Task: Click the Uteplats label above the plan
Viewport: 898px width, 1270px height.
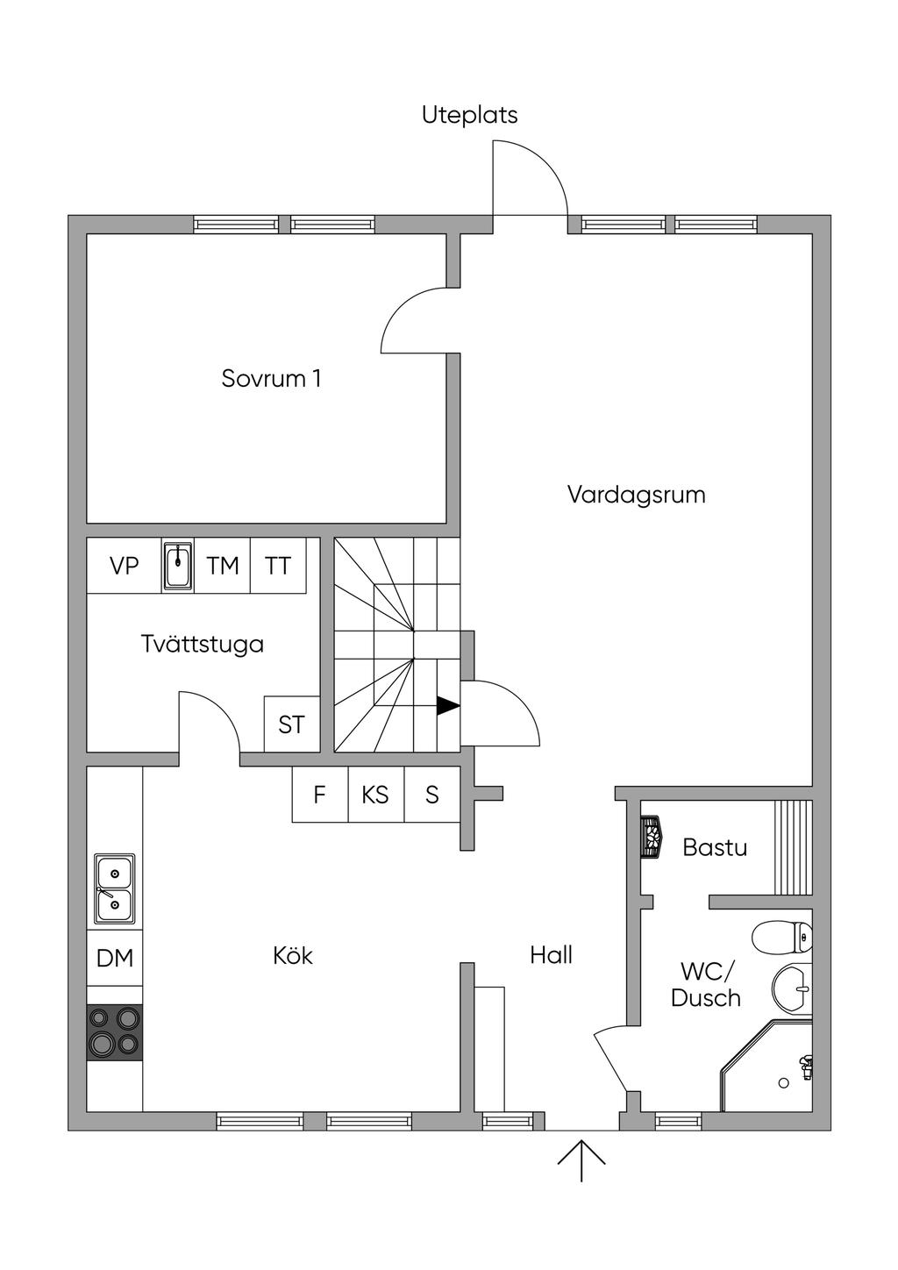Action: [469, 115]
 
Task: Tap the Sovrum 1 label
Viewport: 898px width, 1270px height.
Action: [271, 378]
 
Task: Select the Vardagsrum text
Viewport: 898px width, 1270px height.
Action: [636, 495]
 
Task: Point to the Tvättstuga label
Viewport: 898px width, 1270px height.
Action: [203, 644]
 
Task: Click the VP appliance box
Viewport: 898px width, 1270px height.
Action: [124, 566]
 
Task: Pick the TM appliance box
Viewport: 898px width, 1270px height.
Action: [223, 566]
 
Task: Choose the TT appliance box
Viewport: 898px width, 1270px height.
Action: [278, 566]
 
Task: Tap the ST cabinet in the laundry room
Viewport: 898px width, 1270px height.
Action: [291, 724]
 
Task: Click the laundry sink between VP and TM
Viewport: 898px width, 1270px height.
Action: [178, 567]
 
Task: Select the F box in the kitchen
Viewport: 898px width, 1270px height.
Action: [320, 795]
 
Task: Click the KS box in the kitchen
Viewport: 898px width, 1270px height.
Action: [375, 795]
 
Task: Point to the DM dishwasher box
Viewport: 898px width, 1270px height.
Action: [115, 958]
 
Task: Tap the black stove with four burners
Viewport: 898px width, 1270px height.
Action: [115, 1031]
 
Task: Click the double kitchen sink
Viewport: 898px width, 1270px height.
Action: [115, 888]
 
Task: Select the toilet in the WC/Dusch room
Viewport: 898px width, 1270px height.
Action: [782, 937]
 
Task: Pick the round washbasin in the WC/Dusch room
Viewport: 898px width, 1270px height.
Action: [792, 989]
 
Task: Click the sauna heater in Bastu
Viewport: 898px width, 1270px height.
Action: [651, 836]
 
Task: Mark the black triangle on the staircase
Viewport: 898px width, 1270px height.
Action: [448, 705]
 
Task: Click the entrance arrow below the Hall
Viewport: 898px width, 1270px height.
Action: [581, 1159]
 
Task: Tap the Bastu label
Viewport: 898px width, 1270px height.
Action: [715, 847]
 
